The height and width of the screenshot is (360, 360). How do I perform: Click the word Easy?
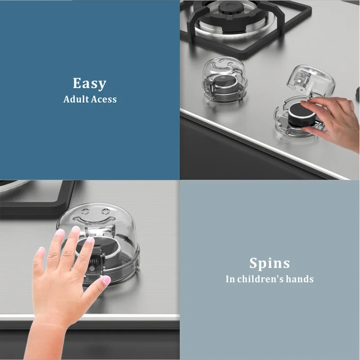pyautogui.click(x=90, y=84)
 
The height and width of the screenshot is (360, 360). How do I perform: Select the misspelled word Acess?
pyautogui.click(x=104, y=99)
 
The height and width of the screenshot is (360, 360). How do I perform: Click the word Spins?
pyautogui.click(x=270, y=263)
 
